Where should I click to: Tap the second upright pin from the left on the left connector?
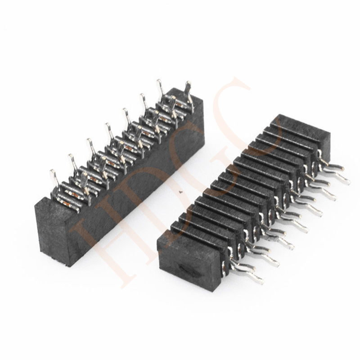point(71,157)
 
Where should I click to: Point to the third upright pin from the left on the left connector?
point(89,142)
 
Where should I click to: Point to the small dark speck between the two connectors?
point(181,194)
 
